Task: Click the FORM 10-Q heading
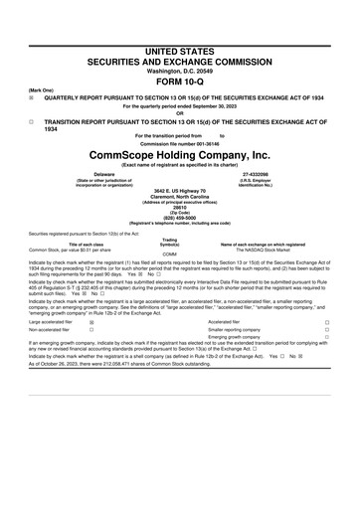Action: tap(179, 83)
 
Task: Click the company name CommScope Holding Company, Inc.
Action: tap(179, 157)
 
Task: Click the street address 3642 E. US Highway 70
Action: tap(179, 189)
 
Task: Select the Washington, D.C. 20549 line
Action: tap(179, 72)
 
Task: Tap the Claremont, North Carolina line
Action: tap(179, 194)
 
